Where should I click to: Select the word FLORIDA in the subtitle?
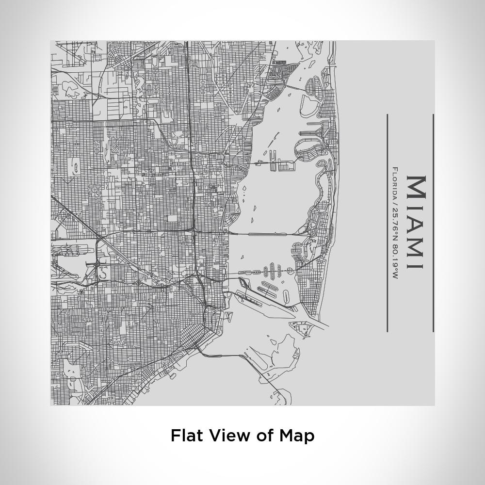pos(395,181)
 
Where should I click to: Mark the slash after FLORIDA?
pos(395,199)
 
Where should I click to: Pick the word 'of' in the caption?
pos(264,435)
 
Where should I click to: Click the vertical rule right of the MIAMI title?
pos(433,223)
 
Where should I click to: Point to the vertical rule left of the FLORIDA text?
pos(387,223)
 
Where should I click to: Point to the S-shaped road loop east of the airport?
pos(103,272)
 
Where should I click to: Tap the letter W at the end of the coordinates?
pos(395,276)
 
